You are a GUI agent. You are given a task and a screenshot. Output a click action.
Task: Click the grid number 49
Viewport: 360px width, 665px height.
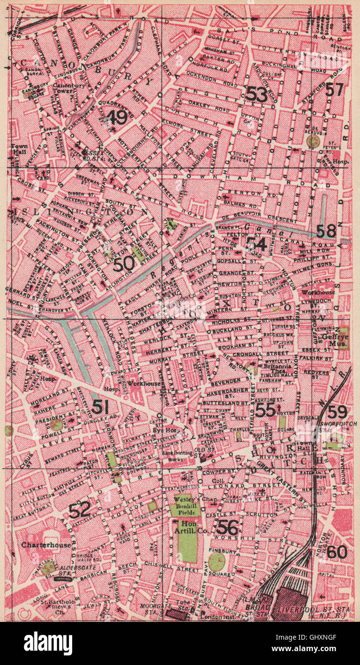tap(117, 117)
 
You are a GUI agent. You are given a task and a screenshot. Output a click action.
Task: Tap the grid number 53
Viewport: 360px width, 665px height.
tap(256, 94)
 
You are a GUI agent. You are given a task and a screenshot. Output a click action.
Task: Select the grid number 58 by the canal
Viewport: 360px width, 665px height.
tap(326, 231)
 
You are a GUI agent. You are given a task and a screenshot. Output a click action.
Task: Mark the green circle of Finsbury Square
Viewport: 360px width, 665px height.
tap(217, 561)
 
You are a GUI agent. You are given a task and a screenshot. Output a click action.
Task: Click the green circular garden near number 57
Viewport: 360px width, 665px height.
tap(314, 141)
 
